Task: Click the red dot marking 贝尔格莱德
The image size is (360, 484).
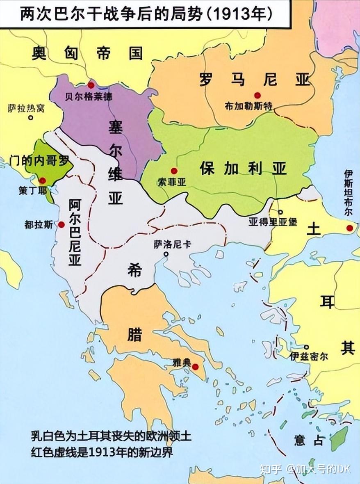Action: [x=91, y=85]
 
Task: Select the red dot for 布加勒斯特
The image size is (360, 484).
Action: [x=257, y=95]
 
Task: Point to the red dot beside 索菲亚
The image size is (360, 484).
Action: [x=174, y=171]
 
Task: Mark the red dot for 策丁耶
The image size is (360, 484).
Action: [x=42, y=180]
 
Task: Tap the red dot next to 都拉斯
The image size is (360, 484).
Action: [x=62, y=224]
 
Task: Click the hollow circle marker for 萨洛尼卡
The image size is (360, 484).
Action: [x=166, y=254]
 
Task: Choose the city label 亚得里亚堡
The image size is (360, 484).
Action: [x=273, y=222]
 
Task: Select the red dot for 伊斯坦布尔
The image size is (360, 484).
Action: [x=349, y=228]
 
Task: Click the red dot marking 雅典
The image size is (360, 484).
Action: [x=196, y=366]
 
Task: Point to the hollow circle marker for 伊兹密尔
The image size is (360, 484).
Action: [x=306, y=347]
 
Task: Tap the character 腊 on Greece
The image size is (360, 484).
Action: [x=134, y=334]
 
